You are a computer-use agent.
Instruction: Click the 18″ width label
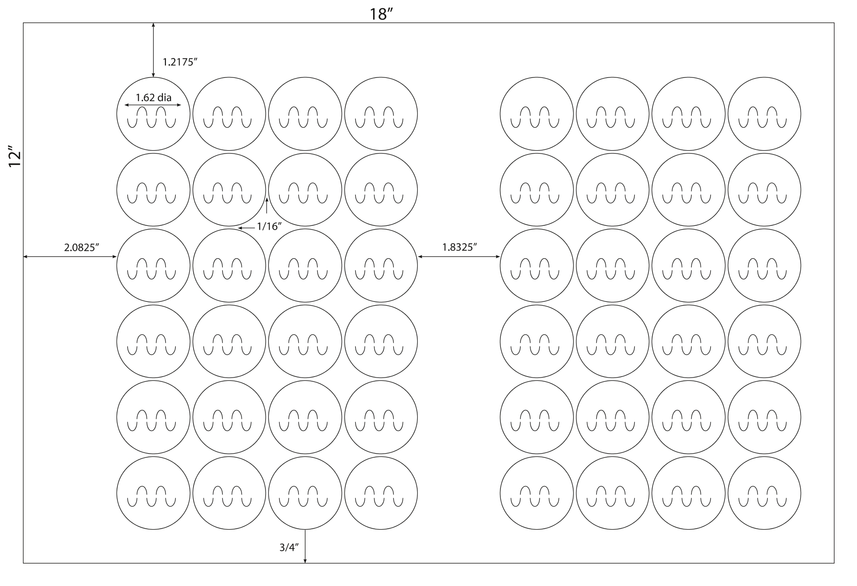coord(381,14)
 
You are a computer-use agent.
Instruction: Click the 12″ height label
coord(15,159)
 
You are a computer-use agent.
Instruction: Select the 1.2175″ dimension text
coord(179,62)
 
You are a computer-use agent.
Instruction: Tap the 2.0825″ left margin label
coord(82,247)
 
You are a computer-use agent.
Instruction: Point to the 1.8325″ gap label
coord(460,247)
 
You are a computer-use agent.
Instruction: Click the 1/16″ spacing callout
coord(269,226)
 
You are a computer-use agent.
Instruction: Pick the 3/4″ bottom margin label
coord(289,547)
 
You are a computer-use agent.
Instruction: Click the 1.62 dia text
coord(154,98)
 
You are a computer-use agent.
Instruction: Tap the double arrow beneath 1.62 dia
coord(153,106)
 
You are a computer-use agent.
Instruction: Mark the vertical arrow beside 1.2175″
coord(153,50)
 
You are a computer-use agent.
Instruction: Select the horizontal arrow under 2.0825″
coord(70,256)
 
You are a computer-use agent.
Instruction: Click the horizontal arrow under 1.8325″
coord(459,256)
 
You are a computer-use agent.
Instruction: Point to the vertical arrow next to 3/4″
coord(305,547)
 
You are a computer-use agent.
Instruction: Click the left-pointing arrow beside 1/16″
coord(246,228)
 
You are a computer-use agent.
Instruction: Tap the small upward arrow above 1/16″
coord(267,206)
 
